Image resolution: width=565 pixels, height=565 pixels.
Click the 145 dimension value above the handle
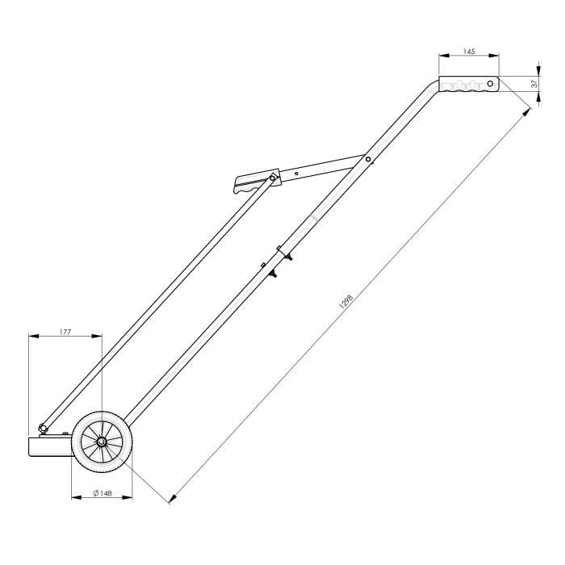pos(469,51)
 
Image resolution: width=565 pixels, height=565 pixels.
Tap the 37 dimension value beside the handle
pos(534,84)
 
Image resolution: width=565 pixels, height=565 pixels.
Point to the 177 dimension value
pos(65,330)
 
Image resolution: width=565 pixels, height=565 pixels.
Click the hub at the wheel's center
pos(102,442)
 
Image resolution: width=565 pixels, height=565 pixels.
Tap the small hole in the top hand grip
pos(489,83)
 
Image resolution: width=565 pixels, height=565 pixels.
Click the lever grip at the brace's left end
pos(250,186)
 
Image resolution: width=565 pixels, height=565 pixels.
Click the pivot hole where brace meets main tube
pos(368,160)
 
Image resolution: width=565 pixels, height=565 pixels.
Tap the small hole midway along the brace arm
pos(297,172)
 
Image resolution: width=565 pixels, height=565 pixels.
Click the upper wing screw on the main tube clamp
pos(287,256)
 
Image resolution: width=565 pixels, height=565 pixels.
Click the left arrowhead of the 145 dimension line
pos(442,56)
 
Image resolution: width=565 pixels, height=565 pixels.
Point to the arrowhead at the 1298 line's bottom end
pos(171,500)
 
